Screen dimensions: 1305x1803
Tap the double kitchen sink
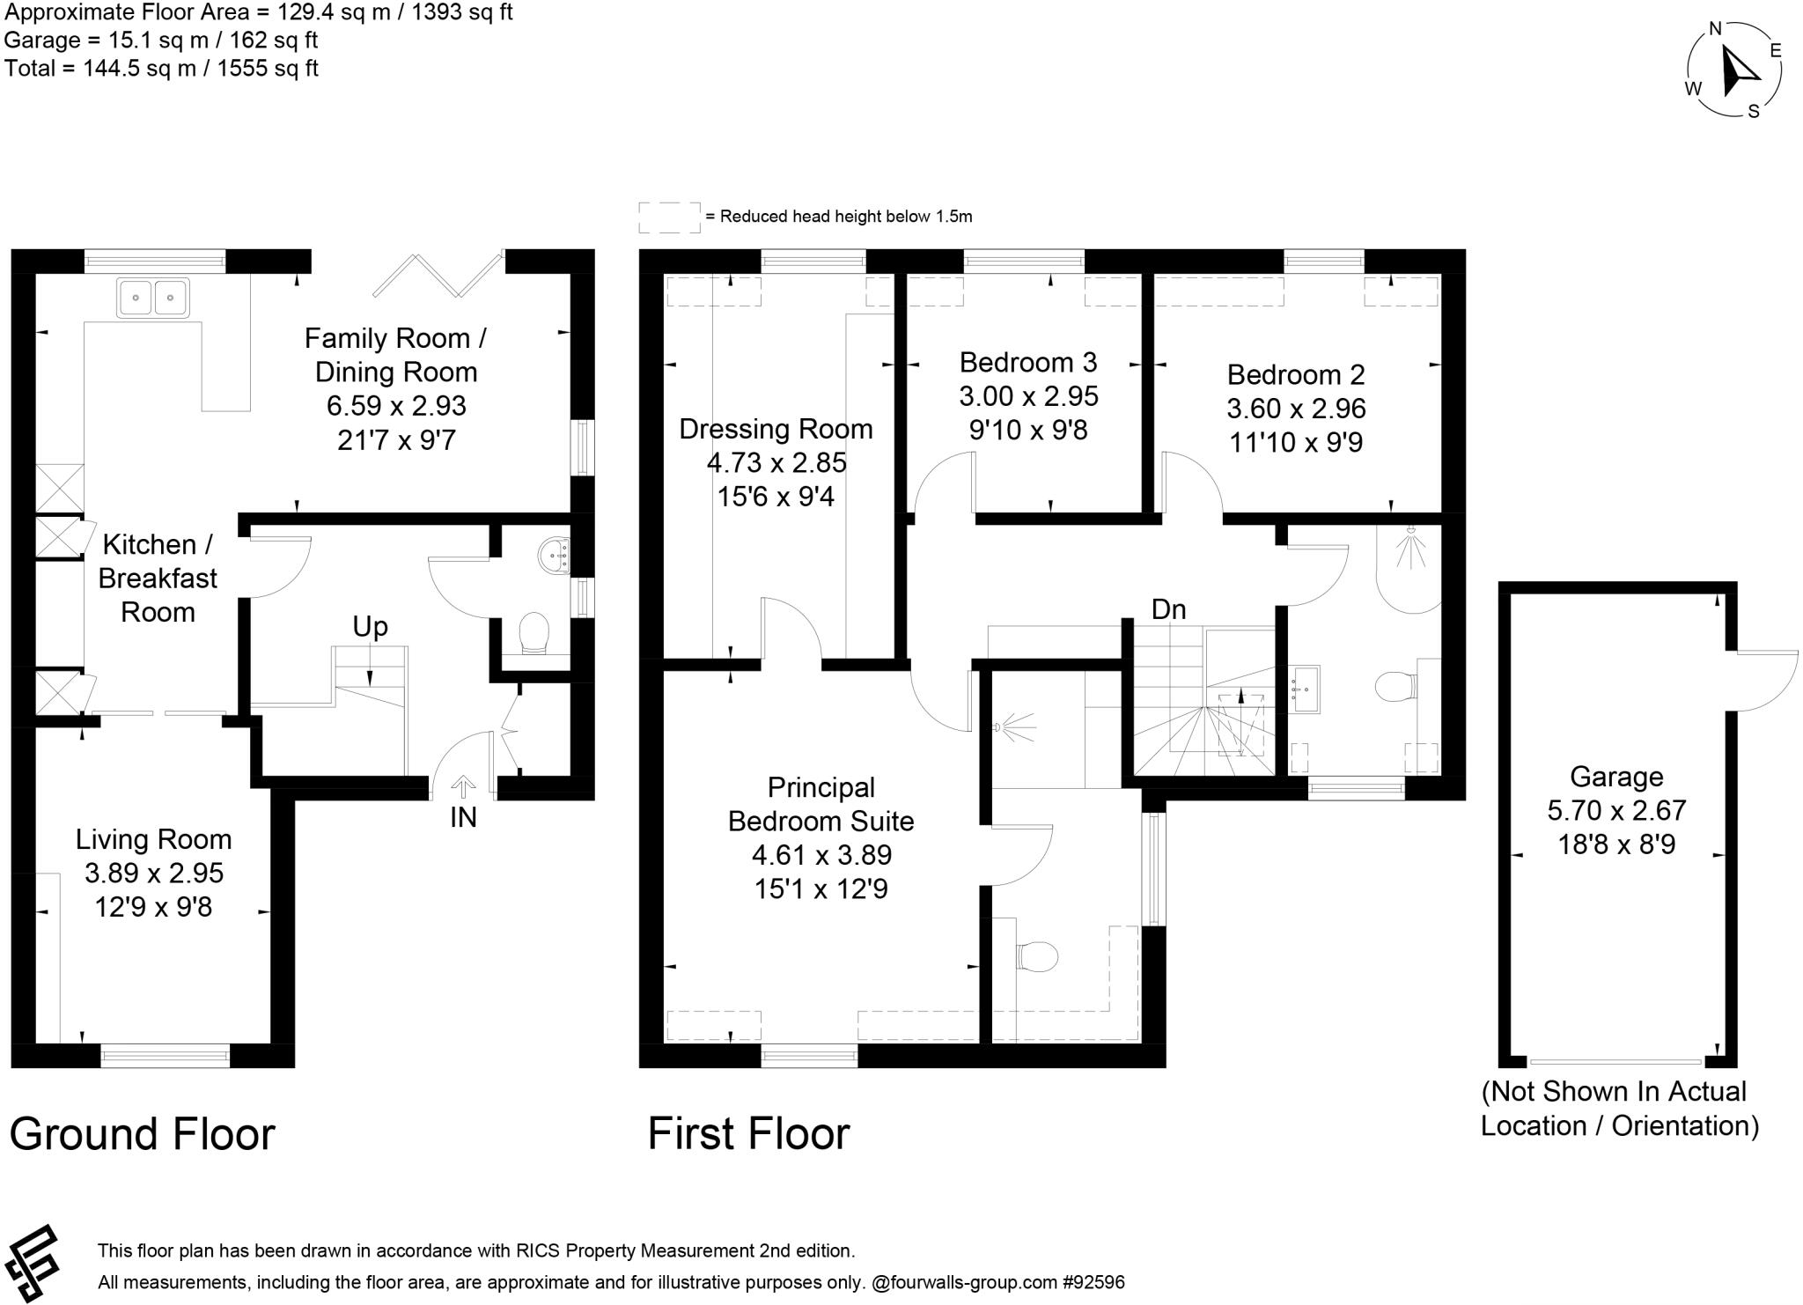(x=153, y=298)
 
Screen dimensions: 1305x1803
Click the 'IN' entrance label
(x=463, y=817)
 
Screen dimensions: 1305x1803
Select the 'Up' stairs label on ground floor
(x=370, y=627)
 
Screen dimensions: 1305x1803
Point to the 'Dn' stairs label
(x=1169, y=609)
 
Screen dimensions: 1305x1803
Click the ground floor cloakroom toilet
(x=534, y=634)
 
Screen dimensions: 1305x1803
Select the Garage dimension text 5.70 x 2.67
(x=1616, y=810)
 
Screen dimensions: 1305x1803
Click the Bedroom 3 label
(x=1028, y=362)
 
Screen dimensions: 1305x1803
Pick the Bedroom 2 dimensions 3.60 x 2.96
(x=1296, y=409)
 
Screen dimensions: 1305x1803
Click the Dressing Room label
(x=776, y=429)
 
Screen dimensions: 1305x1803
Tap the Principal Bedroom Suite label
(x=821, y=804)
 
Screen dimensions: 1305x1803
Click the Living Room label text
(x=153, y=839)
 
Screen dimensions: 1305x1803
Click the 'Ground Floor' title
(x=142, y=1133)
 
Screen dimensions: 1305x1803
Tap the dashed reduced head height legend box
(x=669, y=217)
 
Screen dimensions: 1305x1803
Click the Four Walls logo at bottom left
(x=33, y=1263)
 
